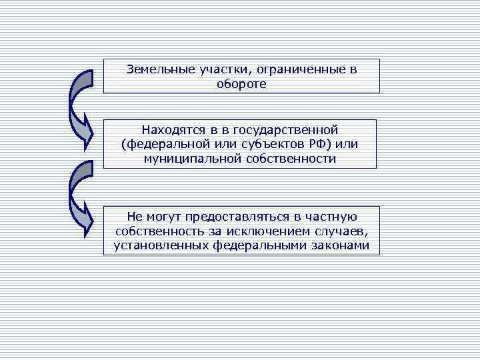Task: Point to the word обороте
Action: pyautogui.click(x=241, y=84)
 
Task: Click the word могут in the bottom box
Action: pyautogui.click(x=164, y=216)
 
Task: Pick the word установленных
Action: pyautogui.click(x=157, y=245)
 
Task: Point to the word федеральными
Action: pyautogui.click(x=257, y=245)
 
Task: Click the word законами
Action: pyautogui.click(x=337, y=245)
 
